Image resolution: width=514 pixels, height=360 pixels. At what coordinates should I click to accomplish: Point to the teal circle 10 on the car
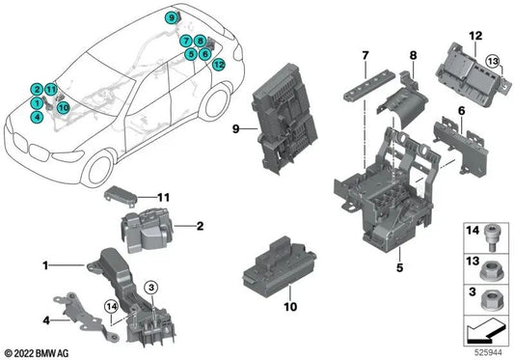tap(63, 109)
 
